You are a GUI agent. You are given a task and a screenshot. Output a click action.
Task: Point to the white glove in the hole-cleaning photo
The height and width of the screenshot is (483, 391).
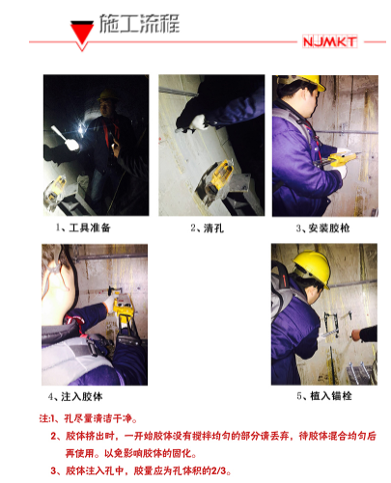pyautogui.click(x=199, y=122)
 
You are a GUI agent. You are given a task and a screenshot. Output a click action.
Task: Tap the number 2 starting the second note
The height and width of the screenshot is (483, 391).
pyautogui.click(x=55, y=436)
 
